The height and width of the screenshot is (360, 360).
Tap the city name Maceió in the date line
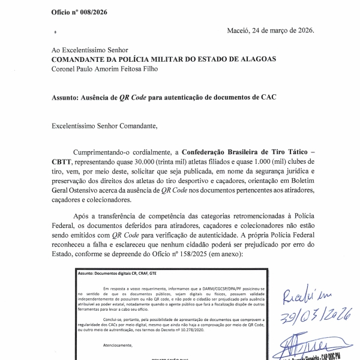241,31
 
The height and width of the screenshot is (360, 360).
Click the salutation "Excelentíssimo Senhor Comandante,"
105,125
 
